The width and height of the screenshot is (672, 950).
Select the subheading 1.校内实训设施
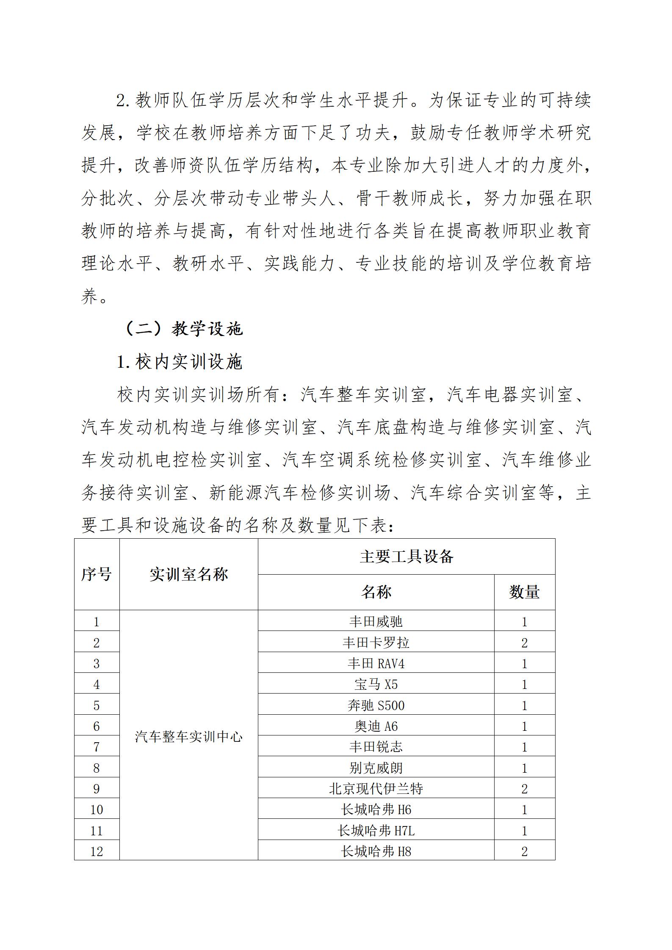(180, 362)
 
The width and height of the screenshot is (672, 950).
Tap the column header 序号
(97, 574)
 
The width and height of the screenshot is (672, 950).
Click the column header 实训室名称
(188, 574)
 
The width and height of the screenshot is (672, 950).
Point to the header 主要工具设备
(406, 556)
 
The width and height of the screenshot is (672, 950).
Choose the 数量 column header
(524, 592)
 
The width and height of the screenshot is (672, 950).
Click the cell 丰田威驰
(376, 622)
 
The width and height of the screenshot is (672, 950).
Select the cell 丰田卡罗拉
(376, 643)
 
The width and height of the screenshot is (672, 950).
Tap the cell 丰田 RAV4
(376, 664)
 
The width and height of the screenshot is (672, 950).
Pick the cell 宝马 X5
(376, 684)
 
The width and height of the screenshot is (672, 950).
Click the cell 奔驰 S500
(376, 705)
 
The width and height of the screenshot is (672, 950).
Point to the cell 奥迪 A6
(376, 726)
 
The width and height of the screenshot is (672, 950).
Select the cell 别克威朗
(376, 768)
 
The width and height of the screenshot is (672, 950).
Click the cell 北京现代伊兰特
(376, 789)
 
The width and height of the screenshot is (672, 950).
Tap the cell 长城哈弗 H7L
(376, 831)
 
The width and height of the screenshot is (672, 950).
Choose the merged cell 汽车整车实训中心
(188, 737)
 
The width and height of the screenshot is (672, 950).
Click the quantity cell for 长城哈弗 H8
(524, 851)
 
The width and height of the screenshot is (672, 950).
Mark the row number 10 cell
(97, 810)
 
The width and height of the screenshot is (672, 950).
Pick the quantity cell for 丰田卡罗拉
(524, 643)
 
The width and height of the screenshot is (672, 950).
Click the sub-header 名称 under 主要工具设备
(376, 592)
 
